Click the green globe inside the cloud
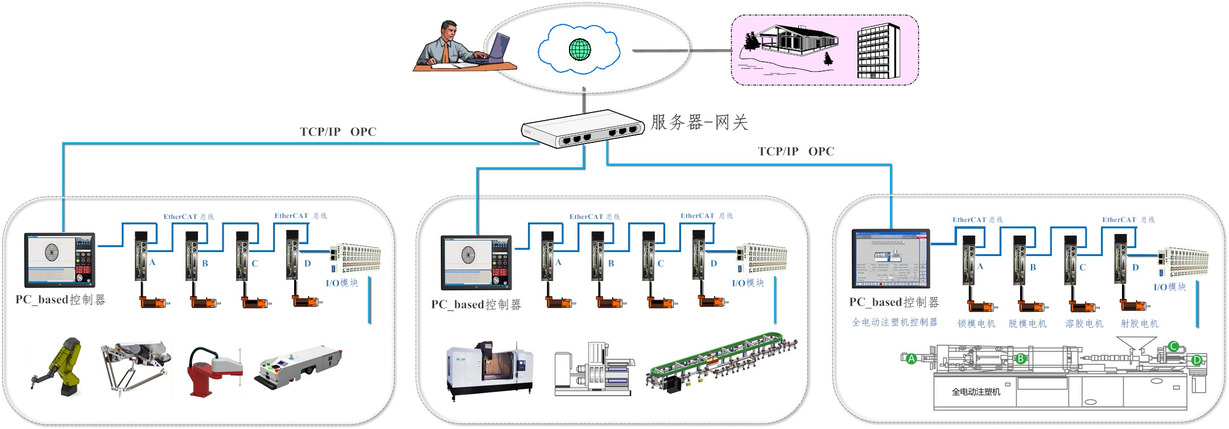(580, 49)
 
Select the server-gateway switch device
(583, 129)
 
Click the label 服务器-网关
(699, 122)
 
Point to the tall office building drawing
(878, 51)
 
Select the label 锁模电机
(976, 324)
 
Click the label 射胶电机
(1139, 324)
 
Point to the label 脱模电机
(1028, 324)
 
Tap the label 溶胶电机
(1084, 324)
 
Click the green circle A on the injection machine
(911, 358)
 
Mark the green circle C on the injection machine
(1173, 346)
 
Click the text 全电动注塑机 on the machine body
(976, 392)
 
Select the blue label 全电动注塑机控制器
(894, 323)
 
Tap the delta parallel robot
(135, 364)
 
